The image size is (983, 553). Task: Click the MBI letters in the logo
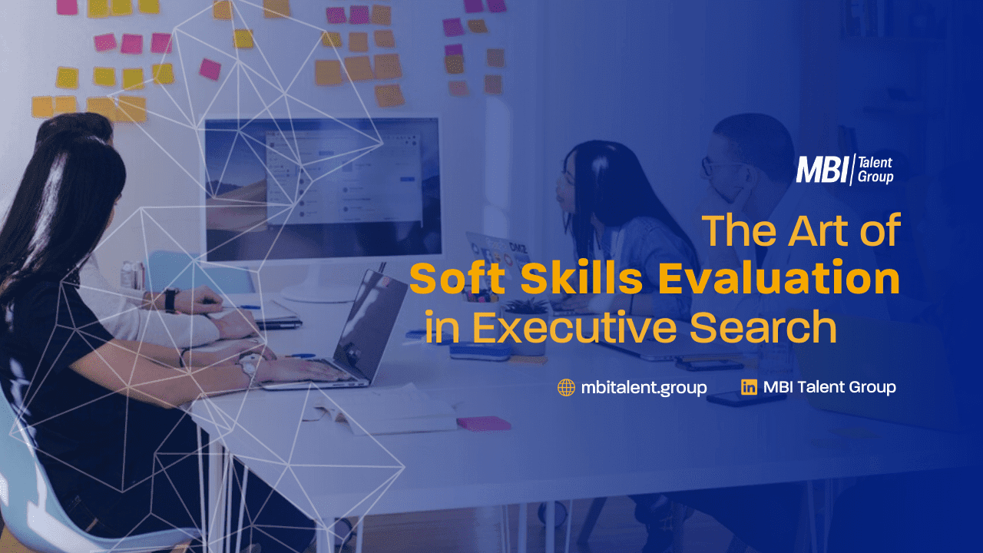click(x=822, y=170)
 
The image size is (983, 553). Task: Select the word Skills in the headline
click(x=582, y=278)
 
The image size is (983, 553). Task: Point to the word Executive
click(x=574, y=327)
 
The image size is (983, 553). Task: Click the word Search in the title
click(x=763, y=327)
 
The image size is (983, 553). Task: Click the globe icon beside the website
click(x=566, y=388)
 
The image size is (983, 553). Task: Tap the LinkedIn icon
click(x=749, y=387)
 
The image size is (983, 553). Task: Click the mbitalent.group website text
click(x=644, y=388)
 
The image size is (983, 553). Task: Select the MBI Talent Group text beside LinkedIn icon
click(x=829, y=387)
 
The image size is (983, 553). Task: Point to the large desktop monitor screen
click(x=323, y=189)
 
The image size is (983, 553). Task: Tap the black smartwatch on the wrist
click(x=170, y=300)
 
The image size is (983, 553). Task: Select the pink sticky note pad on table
click(x=484, y=423)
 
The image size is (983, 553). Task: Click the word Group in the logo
click(x=875, y=177)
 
